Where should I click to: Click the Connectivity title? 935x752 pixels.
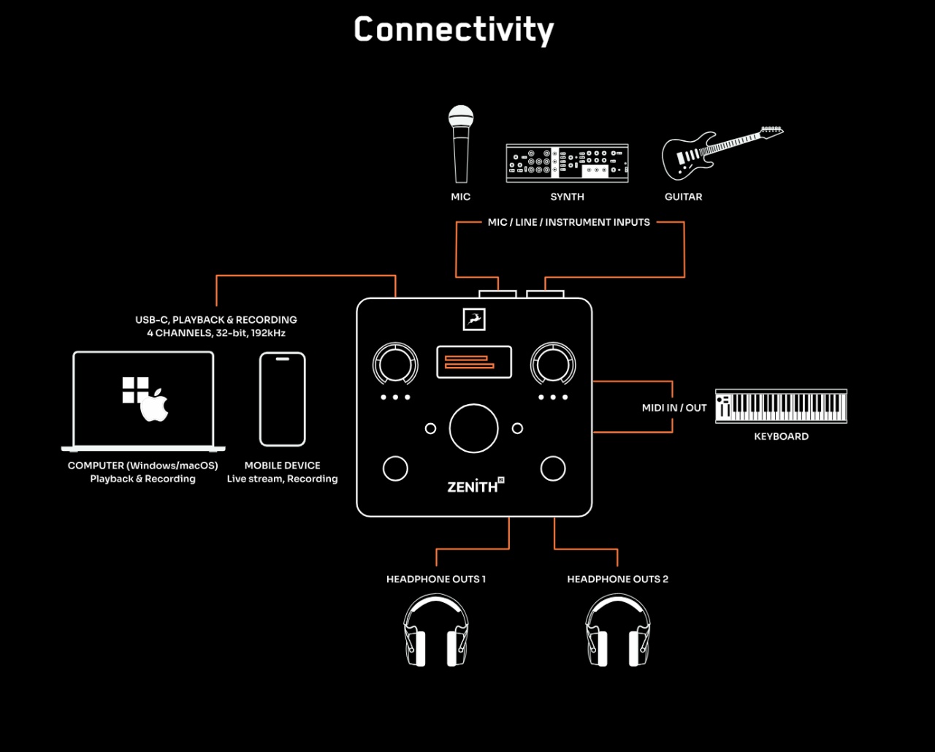pyautogui.click(x=454, y=30)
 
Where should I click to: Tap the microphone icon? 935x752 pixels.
pyautogui.click(x=461, y=144)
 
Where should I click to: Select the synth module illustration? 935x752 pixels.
pyautogui.click(x=567, y=163)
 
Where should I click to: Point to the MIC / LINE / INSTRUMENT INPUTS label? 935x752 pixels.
pyautogui.click(x=569, y=222)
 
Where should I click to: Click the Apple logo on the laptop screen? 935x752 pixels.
pyautogui.click(x=154, y=405)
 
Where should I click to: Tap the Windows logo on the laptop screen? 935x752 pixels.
pyautogui.click(x=135, y=390)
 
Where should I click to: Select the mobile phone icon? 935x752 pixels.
pyautogui.click(x=283, y=399)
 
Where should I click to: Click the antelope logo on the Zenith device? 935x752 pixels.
pyautogui.click(x=474, y=319)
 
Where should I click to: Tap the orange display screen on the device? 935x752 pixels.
pyautogui.click(x=474, y=362)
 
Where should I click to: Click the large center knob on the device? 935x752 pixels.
pyautogui.click(x=473, y=428)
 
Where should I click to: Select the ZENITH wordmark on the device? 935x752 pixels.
pyautogui.click(x=476, y=485)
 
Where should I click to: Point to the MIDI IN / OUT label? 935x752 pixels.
pyautogui.click(x=674, y=408)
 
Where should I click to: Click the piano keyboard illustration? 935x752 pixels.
pyautogui.click(x=781, y=406)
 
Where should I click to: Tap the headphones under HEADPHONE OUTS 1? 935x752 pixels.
pyautogui.click(x=436, y=630)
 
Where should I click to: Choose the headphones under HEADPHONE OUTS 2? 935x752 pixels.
pyautogui.click(x=618, y=630)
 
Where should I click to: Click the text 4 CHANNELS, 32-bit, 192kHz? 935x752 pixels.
pyautogui.click(x=216, y=333)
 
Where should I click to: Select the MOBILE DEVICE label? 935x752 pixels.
pyautogui.click(x=283, y=466)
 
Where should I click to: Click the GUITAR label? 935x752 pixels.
pyautogui.click(x=684, y=197)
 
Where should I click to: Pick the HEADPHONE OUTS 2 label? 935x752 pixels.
pyautogui.click(x=617, y=579)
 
